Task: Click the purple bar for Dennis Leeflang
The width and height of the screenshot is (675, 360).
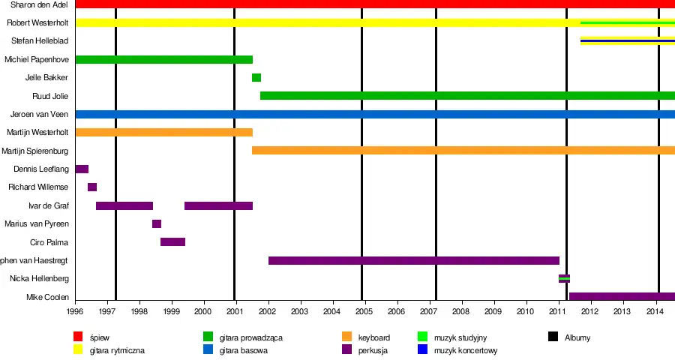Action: coord(82,169)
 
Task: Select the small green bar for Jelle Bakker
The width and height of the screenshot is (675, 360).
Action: coord(256,77)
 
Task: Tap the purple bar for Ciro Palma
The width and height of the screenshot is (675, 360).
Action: coord(172,241)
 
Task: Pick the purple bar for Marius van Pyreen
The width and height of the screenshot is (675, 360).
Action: coord(157,223)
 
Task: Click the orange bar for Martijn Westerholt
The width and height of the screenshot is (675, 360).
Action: coord(164,132)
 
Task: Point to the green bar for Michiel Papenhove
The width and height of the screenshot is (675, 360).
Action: coord(164,59)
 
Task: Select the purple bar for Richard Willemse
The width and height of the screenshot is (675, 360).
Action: coord(92,187)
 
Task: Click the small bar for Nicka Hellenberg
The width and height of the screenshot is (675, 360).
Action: coord(564,278)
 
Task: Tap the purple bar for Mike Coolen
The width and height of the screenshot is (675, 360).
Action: coord(622,296)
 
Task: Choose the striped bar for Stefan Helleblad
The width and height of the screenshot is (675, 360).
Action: coord(627,40)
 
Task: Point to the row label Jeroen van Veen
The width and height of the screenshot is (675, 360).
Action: coord(40,114)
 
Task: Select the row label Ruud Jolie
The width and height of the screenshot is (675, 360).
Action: coord(51,96)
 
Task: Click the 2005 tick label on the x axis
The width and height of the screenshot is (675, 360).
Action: coord(364,310)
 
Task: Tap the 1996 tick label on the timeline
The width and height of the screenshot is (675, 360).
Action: coord(75,310)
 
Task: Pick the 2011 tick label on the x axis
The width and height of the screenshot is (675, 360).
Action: coord(557,310)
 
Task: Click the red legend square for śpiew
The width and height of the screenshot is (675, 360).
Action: coord(78,337)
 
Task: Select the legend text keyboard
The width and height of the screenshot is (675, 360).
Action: coord(373,337)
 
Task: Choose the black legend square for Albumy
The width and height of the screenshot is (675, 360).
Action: coord(552,337)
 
